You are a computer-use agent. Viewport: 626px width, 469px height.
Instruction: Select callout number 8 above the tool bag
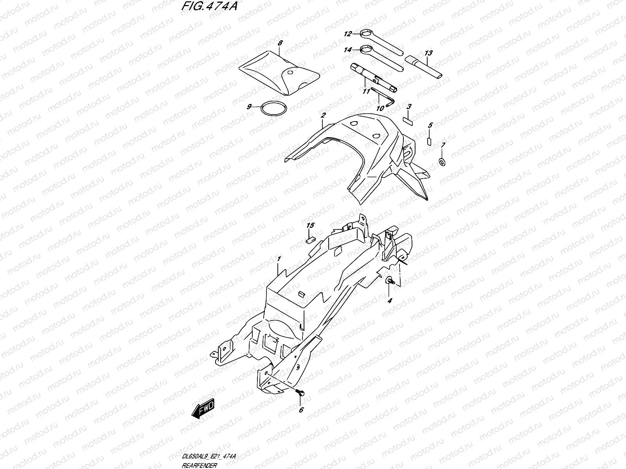(x=279, y=43)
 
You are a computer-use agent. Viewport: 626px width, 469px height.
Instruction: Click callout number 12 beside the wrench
(x=348, y=34)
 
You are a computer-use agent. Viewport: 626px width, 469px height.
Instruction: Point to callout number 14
(x=348, y=50)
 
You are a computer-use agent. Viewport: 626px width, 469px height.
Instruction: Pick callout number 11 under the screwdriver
(x=366, y=91)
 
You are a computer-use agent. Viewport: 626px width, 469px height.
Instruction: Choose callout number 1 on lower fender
(x=279, y=259)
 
